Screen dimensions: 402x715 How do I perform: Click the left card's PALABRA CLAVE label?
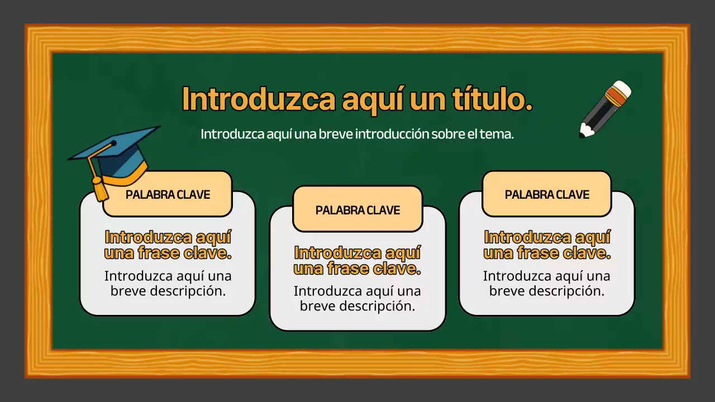168,194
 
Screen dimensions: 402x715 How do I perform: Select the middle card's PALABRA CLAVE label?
357,210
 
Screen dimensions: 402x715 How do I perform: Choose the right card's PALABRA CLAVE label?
547,194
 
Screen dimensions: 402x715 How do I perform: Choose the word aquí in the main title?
372,100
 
